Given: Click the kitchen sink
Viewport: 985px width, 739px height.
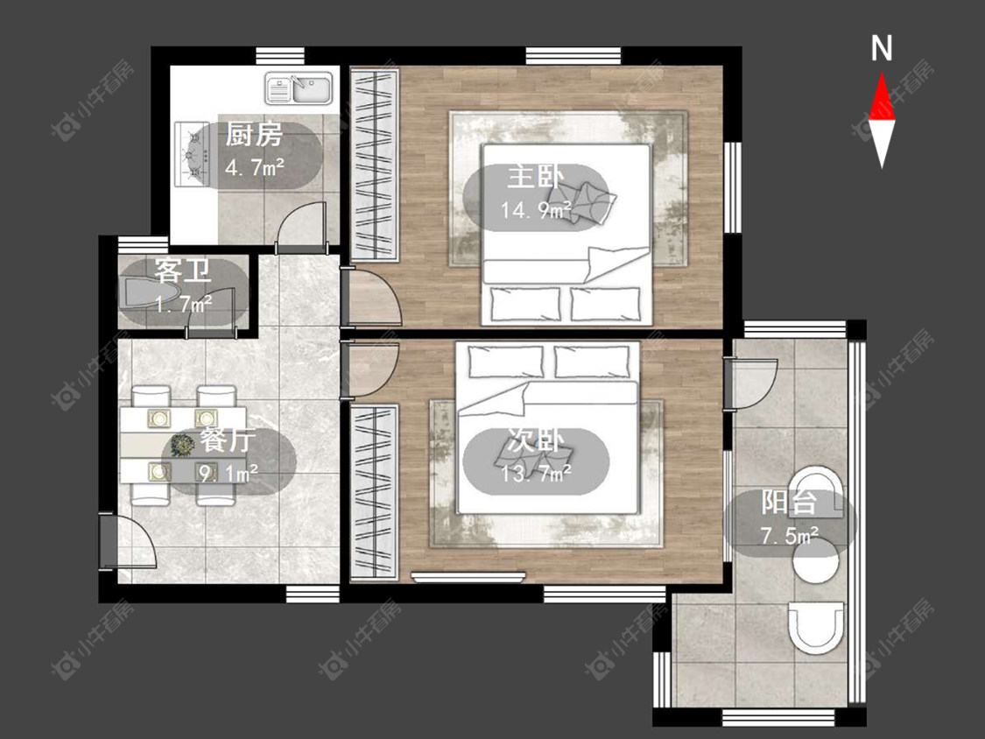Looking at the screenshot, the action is tap(299, 88).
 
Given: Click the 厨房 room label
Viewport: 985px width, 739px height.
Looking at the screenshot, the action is tap(254, 135).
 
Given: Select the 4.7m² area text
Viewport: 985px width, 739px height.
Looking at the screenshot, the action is tap(255, 168).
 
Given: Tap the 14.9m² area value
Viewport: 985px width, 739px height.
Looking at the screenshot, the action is tap(536, 210).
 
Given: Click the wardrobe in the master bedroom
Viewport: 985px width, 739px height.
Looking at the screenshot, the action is tap(375, 165).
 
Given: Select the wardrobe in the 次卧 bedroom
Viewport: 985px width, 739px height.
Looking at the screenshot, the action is tap(375, 493).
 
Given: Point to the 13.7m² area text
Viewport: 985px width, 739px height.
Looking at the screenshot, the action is tap(536, 473).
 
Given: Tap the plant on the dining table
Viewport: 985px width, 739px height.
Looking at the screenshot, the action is tap(182, 445).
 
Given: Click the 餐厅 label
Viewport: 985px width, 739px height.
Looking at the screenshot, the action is tap(228, 440).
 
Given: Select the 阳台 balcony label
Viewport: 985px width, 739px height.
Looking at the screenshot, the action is tap(790, 503).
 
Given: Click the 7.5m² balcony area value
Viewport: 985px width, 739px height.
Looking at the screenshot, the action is tap(790, 536).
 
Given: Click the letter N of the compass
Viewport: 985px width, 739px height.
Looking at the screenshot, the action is tap(882, 48).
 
